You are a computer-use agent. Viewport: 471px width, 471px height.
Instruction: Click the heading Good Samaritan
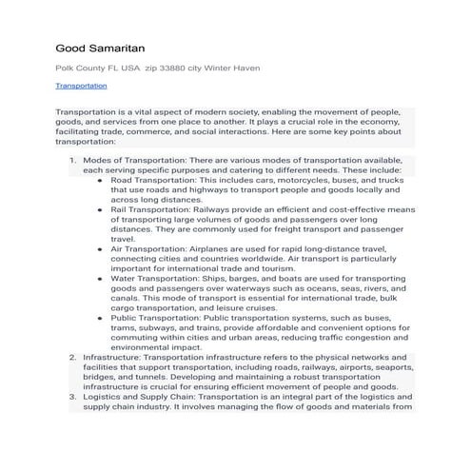(101, 48)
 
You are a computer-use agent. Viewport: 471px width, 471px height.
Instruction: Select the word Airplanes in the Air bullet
(223, 248)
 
